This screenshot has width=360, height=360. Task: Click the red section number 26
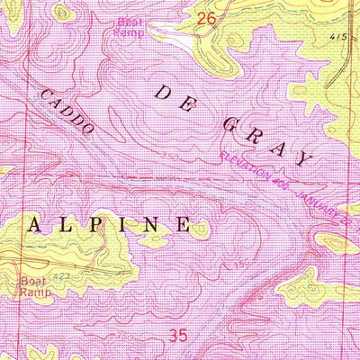click(x=206, y=18)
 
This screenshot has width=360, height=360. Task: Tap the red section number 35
click(x=178, y=335)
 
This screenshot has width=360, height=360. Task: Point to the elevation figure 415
click(x=337, y=37)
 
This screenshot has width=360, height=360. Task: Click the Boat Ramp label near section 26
click(x=130, y=25)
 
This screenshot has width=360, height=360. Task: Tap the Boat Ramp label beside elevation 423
click(x=31, y=285)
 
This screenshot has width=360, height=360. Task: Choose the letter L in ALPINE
click(x=70, y=224)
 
